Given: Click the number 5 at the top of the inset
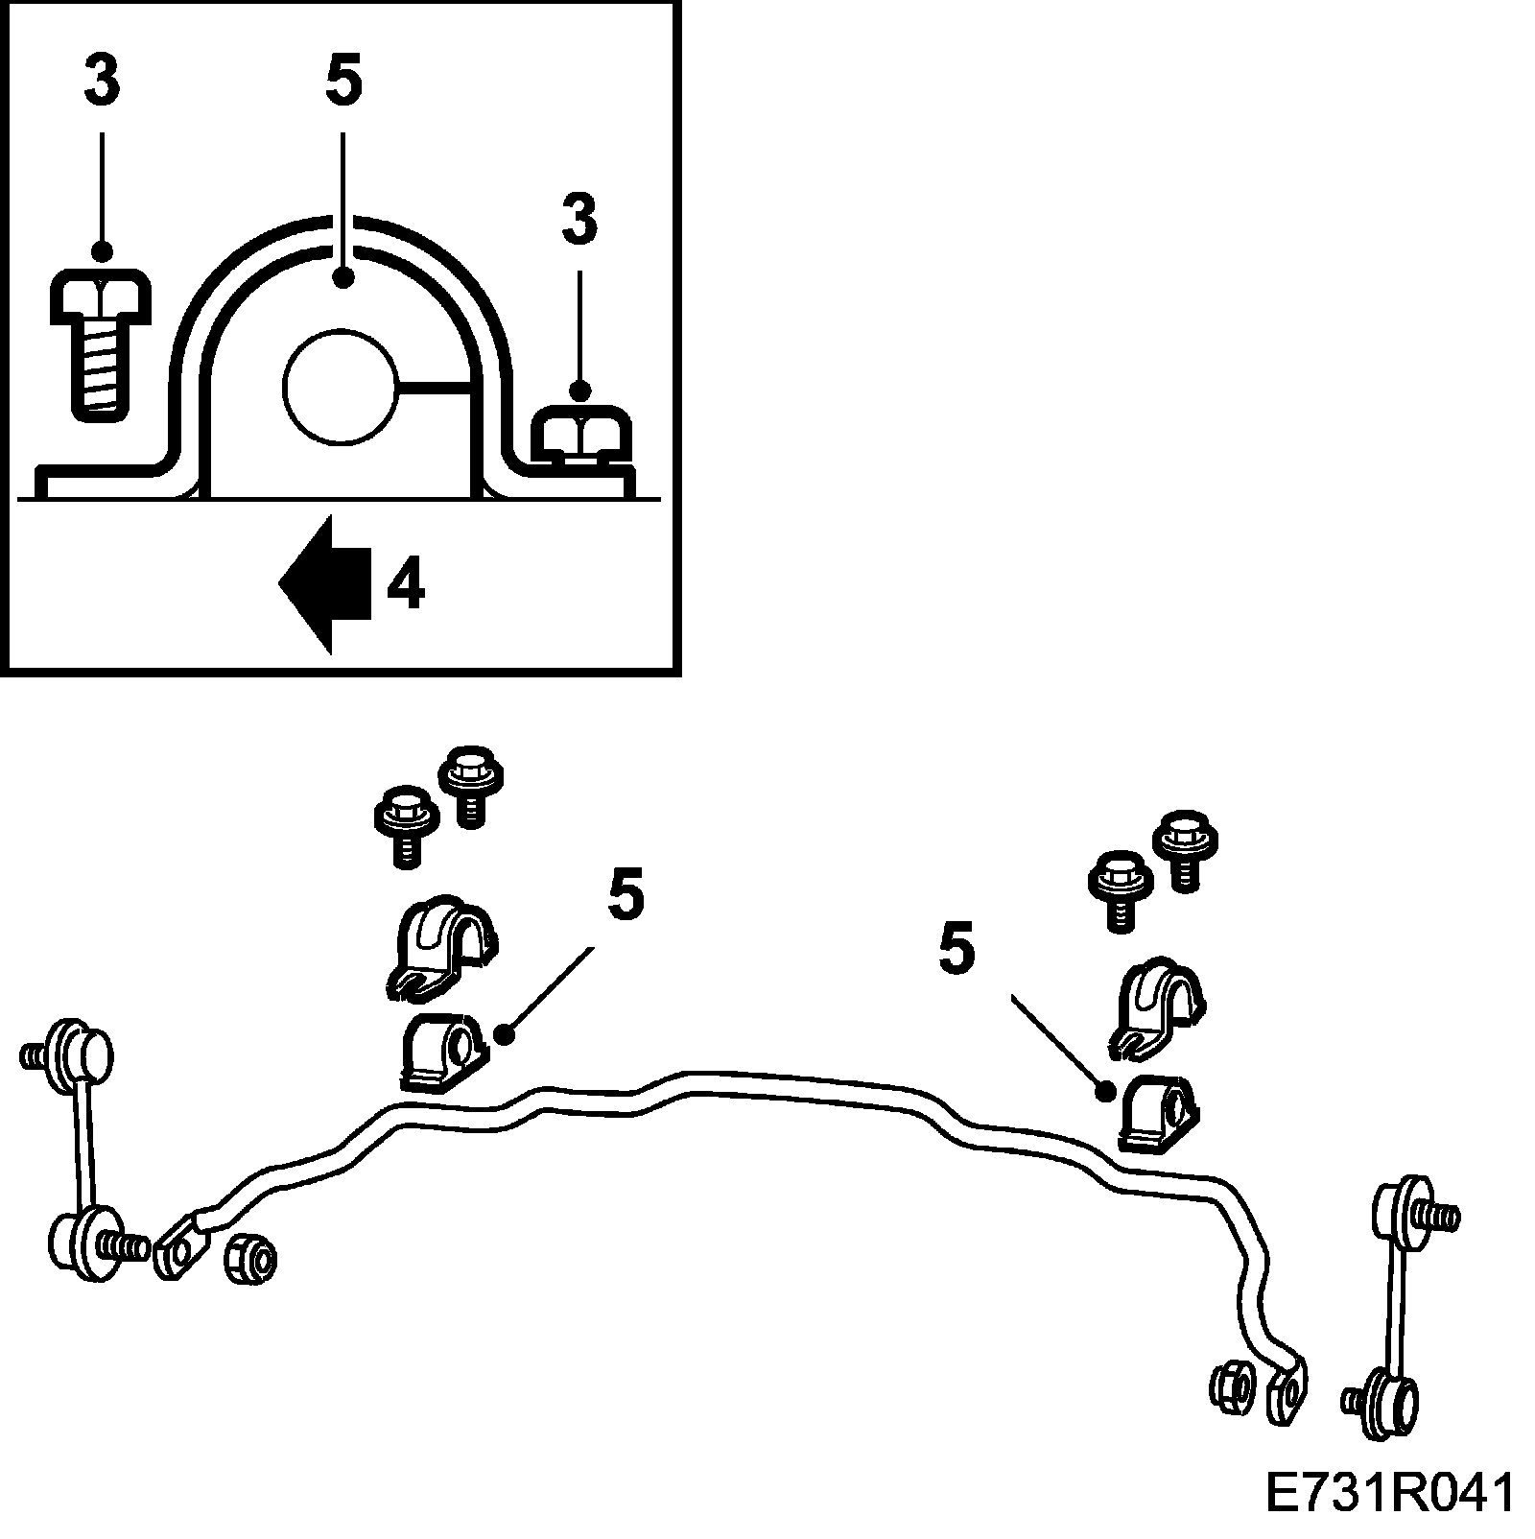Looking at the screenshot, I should (343, 81).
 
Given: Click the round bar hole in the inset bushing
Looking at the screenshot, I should (340, 388).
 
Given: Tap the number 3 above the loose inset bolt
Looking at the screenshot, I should (102, 81).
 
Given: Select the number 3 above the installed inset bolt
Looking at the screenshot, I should (579, 219).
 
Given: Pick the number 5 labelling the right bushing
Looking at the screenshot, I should (956, 951).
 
